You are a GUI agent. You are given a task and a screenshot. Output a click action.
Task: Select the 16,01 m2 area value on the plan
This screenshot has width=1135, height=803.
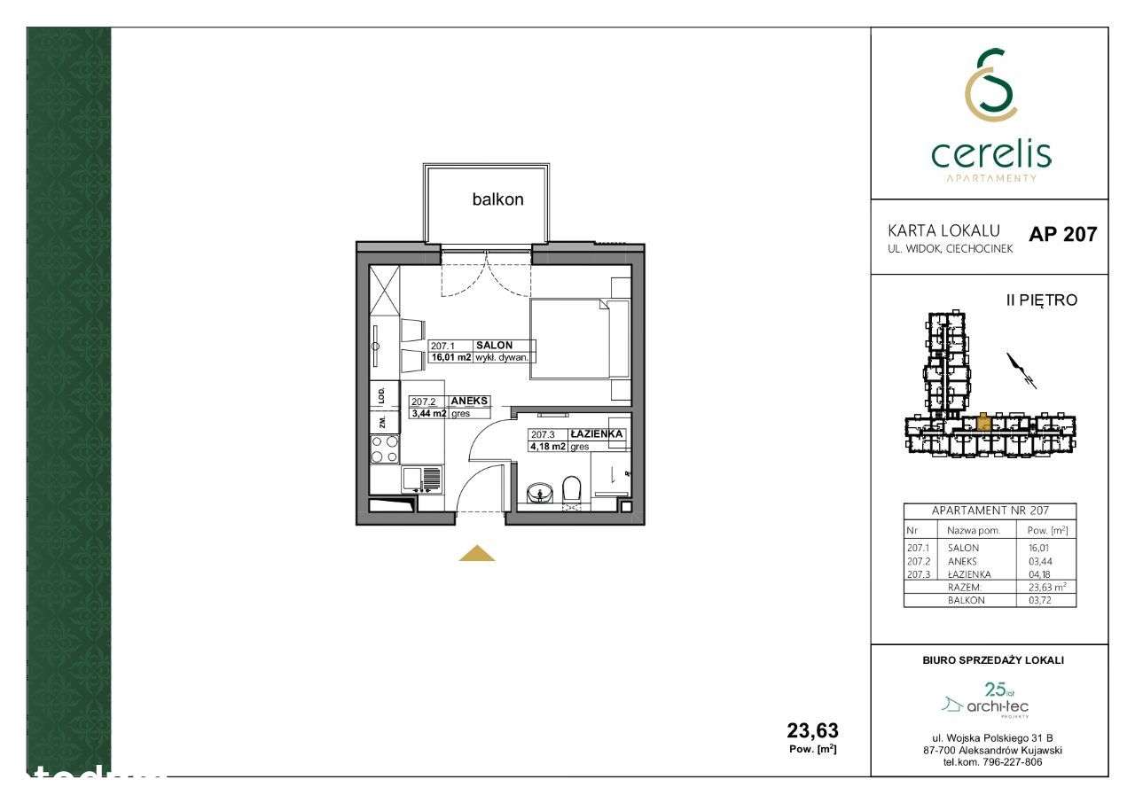pos(450,357)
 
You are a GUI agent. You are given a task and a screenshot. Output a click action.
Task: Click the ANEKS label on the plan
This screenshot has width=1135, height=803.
pos(469,401)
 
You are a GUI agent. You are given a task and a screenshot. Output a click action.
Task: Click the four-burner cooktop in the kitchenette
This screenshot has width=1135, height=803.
pos(385,448)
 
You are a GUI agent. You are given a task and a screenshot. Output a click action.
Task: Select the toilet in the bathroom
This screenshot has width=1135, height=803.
pos(571,490)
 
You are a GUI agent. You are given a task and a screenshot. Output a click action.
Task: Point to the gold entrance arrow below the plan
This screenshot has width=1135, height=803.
pos(477,554)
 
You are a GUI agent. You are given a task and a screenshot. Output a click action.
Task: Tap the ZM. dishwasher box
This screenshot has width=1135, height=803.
pos(381,421)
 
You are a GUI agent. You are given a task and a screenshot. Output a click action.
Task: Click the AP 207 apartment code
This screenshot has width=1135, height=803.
pos(1062,235)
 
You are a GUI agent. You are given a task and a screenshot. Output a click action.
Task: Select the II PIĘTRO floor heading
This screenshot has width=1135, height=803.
pos(1041,300)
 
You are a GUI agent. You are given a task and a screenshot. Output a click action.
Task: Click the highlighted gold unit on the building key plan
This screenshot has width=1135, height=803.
pos(983,422)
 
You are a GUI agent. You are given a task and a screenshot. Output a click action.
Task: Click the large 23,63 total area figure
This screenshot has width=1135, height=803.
pos(812,730)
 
